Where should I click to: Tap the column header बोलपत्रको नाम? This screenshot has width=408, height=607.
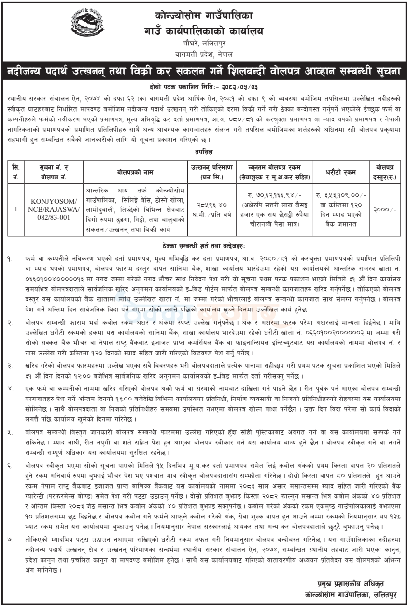(x=135, y=172)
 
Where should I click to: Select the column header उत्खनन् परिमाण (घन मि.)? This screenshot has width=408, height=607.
(x=209, y=172)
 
